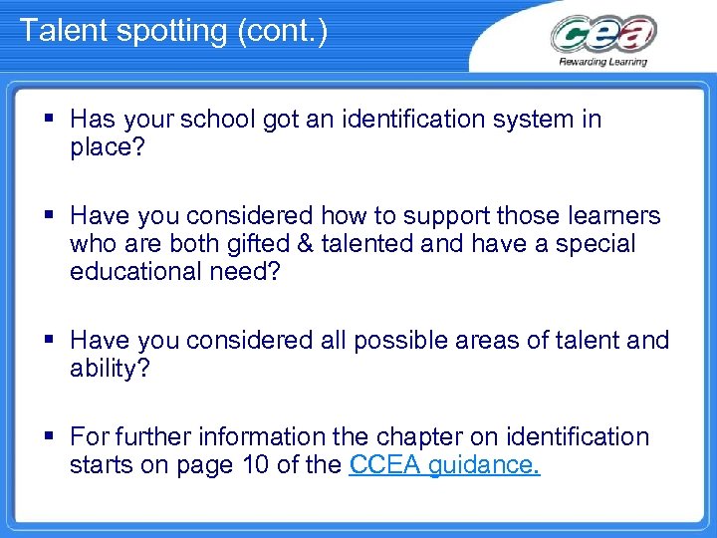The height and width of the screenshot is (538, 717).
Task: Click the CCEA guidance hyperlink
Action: pos(444,465)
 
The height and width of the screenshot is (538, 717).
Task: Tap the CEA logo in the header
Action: pos(603,35)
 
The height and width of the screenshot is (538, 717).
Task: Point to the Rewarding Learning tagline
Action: pos(603,62)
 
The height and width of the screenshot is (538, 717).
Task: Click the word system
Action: pos(528,121)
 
